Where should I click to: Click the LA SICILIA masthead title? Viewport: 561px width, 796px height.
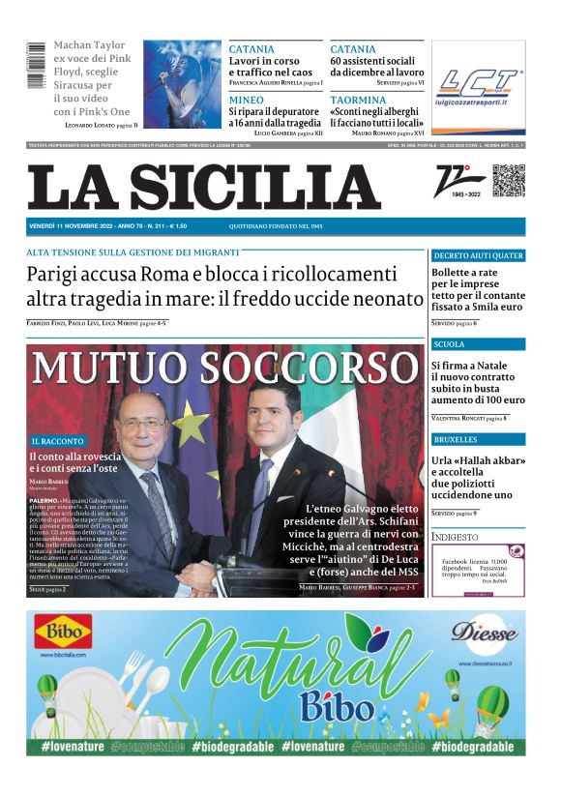(204, 187)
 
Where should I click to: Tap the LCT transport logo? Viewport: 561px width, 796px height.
(477, 89)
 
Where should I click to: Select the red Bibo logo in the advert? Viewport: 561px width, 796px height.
(64, 634)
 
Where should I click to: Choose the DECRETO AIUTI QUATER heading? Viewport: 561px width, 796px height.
(478, 256)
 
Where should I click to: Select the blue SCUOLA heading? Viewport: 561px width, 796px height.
(450, 344)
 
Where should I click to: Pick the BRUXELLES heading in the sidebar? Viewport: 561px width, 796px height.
(457, 439)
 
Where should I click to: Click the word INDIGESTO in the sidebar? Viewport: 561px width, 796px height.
(455, 536)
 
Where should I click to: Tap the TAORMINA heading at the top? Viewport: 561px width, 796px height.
(359, 100)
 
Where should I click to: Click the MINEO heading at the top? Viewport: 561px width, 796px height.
(247, 100)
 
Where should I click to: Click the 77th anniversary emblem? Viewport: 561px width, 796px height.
(461, 182)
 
